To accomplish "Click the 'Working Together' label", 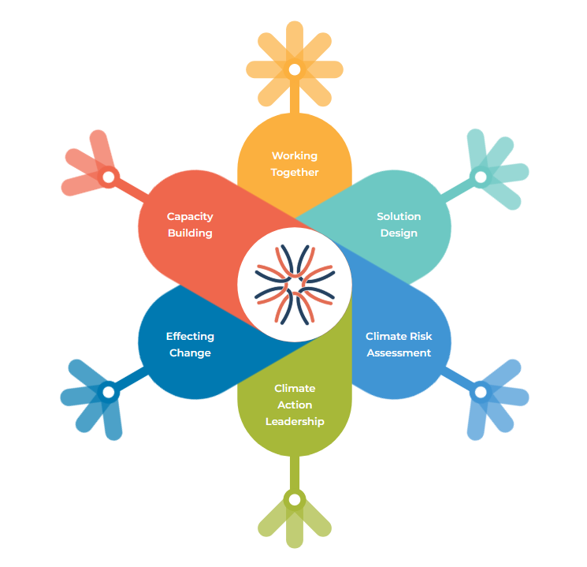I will [x=295, y=164].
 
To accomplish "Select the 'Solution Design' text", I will [x=399, y=225].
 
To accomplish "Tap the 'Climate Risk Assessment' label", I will [x=399, y=345].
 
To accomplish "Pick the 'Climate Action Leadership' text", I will [x=295, y=405].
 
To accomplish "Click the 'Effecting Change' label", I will [x=190, y=345].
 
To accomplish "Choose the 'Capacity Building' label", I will [x=190, y=225].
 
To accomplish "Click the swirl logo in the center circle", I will [x=295, y=285].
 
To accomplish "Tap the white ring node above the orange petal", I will [x=295, y=69].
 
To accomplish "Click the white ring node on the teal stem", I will [x=480, y=177].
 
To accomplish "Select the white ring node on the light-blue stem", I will [x=480, y=391].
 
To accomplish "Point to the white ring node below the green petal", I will [x=295, y=499].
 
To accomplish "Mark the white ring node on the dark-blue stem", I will [x=109, y=391].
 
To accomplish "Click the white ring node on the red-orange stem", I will [x=109, y=177].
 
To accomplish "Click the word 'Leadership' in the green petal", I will [x=295, y=421].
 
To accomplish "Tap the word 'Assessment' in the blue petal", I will [x=399, y=353].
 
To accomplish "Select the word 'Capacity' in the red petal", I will [x=190, y=216].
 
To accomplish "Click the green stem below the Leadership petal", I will [x=295, y=473].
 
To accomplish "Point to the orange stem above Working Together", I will [x=295, y=98].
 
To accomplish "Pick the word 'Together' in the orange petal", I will [x=295, y=172].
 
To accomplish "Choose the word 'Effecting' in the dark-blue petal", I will [x=190, y=336].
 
